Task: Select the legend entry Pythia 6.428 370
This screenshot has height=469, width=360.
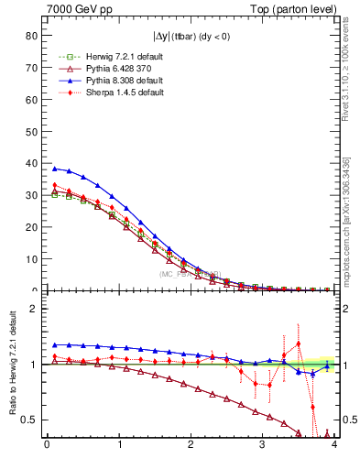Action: coord(106,69)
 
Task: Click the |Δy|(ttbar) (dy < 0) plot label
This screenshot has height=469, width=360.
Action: coord(191,37)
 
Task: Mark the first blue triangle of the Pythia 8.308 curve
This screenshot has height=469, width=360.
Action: coord(55,169)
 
